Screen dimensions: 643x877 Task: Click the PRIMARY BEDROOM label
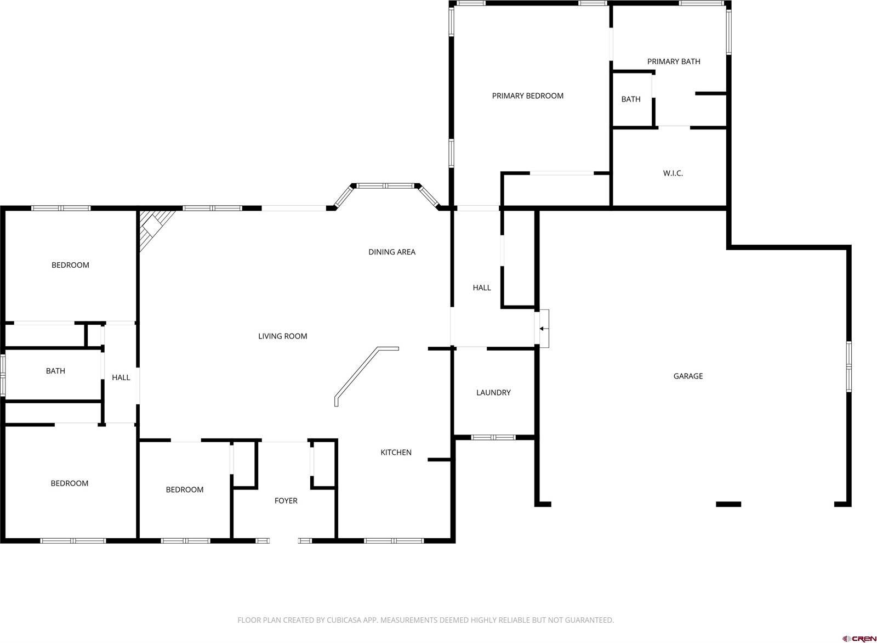(x=527, y=96)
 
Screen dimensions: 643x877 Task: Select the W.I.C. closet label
(x=673, y=173)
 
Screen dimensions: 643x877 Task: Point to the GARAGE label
(x=688, y=376)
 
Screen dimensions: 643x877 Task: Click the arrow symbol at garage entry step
(x=543, y=329)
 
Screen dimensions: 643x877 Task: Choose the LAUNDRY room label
(x=493, y=393)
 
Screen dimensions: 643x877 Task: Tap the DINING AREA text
(x=391, y=252)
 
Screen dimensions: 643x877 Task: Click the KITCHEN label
(x=396, y=453)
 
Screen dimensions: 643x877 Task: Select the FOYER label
(x=286, y=501)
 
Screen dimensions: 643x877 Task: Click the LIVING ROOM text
(x=282, y=336)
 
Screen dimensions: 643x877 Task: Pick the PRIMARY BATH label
(x=673, y=61)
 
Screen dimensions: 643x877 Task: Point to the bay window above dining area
(x=385, y=186)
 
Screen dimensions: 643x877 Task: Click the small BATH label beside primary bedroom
(x=630, y=99)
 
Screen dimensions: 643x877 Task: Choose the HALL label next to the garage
(x=482, y=288)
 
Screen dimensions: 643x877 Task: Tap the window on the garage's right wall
(x=848, y=366)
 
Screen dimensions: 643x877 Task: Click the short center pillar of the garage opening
(x=728, y=504)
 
